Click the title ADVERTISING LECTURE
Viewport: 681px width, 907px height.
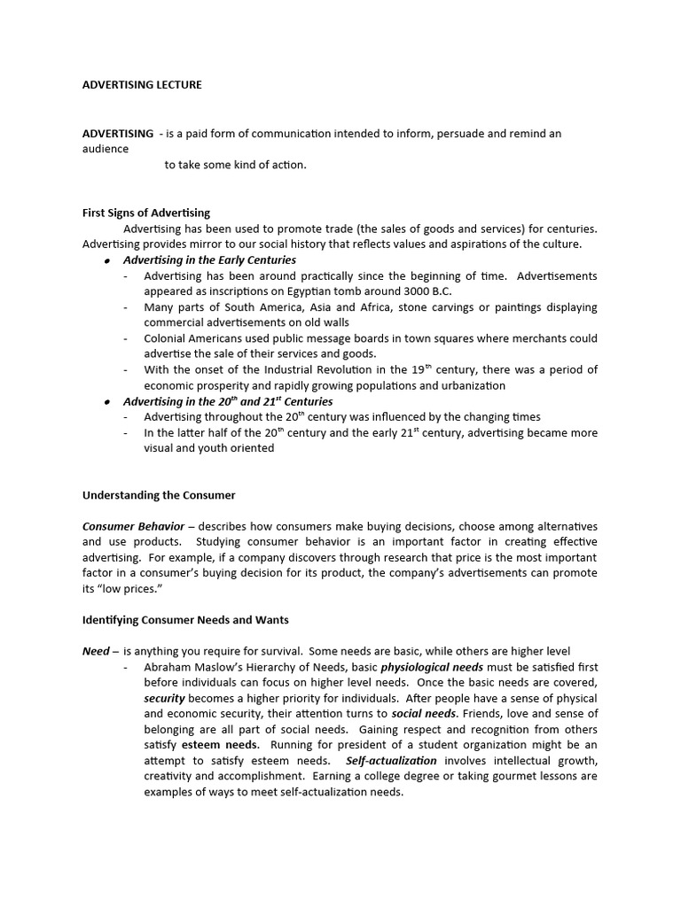pyautogui.click(x=142, y=85)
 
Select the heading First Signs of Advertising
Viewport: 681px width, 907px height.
pyautogui.click(x=146, y=213)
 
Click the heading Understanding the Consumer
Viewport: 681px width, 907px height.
pyautogui.click(x=159, y=495)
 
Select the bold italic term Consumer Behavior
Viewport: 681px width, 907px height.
pyautogui.click(x=133, y=526)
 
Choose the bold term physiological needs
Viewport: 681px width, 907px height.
pyautogui.click(x=431, y=666)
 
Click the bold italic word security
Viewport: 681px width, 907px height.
pyautogui.click(x=164, y=698)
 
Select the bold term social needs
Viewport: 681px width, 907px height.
pyautogui.click(x=425, y=714)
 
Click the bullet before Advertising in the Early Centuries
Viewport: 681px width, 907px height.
pyautogui.click(x=106, y=260)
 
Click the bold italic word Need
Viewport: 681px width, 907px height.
pyautogui.click(x=96, y=651)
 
